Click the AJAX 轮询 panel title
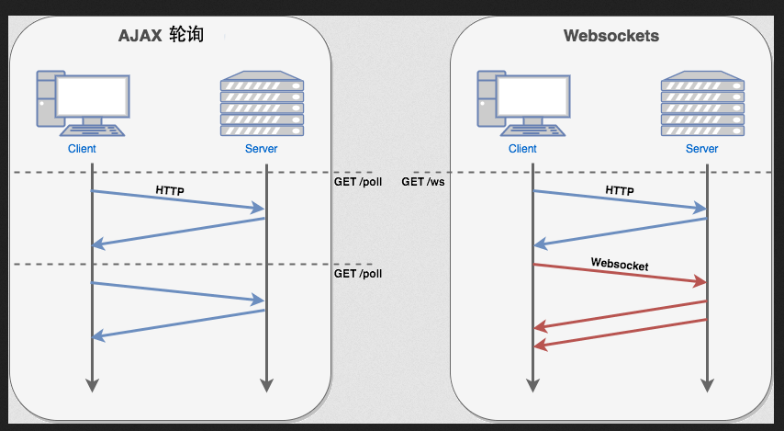[x=160, y=37]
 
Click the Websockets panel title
[x=610, y=37]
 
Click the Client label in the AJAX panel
[x=82, y=149]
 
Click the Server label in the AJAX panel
[x=262, y=149]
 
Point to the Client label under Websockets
[x=522, y=149]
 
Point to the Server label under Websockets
[x=702, y=149]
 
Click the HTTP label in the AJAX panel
[x=170, y=190]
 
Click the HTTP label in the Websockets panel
[x=620, y=190]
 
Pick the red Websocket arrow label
[x=620, y=265]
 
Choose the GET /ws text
[x=422, y=182]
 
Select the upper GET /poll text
[x=357, y=182]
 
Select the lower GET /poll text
[x=357, y=274]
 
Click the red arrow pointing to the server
[x=620, y=274]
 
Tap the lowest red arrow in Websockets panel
[x=620, y=333]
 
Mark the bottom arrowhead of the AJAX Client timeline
[x=91, y=384]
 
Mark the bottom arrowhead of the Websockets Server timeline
[x=707, y=384]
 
